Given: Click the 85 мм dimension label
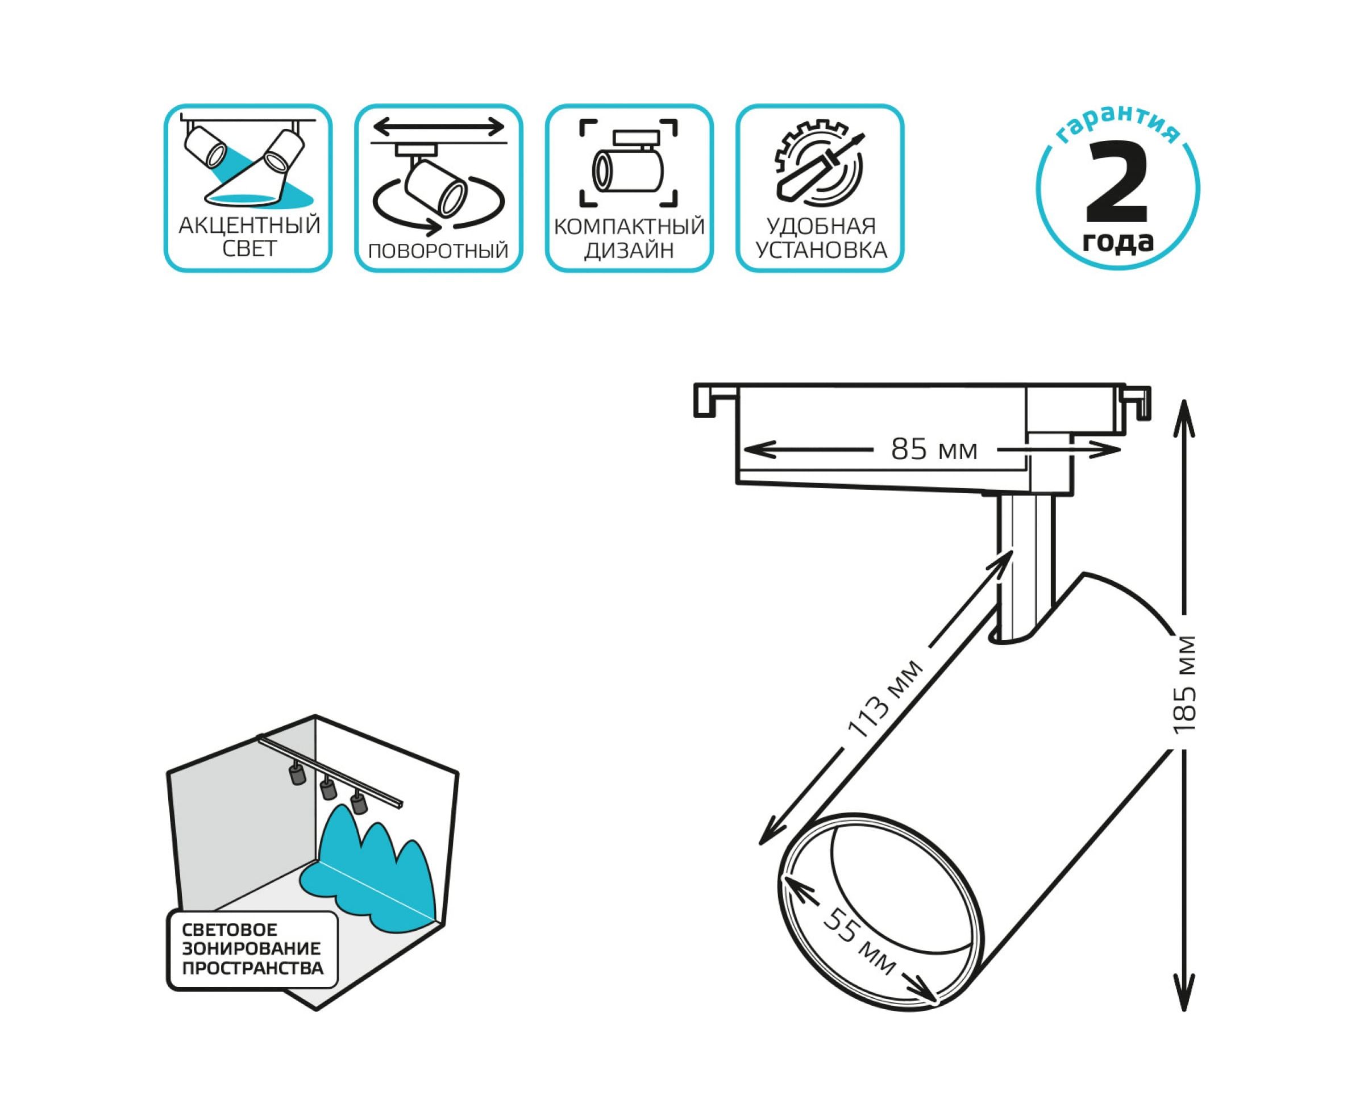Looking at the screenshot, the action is (934, 449).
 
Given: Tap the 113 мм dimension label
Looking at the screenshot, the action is (884, 698).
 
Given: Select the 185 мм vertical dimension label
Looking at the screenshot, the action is (1184, 684).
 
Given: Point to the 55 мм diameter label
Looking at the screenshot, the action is (860, 940).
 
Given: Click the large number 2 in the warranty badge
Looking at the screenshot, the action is (1117, 181).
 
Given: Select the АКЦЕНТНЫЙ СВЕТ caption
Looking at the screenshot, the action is (249, 236).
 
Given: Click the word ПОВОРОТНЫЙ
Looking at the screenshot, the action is (438, 250).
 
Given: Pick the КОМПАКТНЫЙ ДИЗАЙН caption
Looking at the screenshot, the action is (629, 238).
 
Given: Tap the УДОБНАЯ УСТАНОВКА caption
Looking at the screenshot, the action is (821, 238).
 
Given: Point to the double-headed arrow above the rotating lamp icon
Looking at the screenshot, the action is (439, 127).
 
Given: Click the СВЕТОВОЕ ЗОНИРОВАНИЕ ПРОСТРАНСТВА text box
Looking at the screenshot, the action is (252, 948).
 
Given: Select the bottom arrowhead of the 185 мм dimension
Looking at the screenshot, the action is (1184, 1009).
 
